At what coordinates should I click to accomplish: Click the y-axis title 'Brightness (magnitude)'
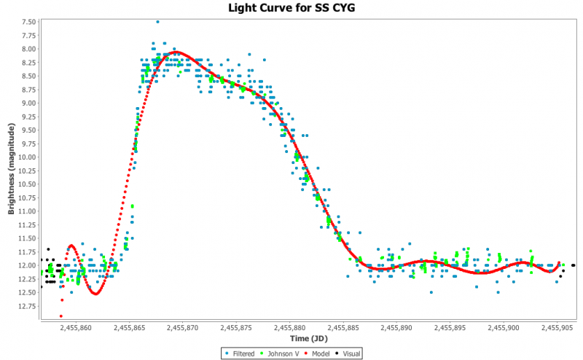(11, 169)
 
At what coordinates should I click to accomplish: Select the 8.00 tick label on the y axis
(28, 49)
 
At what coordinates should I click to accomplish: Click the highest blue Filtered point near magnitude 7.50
(157, 22)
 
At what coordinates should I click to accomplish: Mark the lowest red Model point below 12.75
(61, 316)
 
